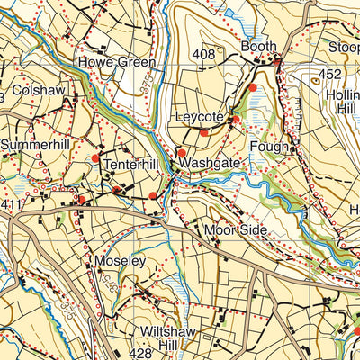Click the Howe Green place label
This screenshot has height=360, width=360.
[x=116, y=63]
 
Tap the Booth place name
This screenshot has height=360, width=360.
[x=257, y=47]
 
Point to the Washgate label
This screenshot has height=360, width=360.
[x=210, y=165]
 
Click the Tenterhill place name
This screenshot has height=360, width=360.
[x=131, y=166]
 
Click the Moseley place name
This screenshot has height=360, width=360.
[x=120, y=260]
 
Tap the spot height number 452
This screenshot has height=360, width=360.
[x=329, y=75]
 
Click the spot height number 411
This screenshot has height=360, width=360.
[x=10, y=206]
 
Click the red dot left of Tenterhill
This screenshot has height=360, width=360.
[x=95, y=159]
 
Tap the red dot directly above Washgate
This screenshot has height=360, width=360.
[x=181, y=153]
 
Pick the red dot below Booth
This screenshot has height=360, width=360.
[x=254, y=87]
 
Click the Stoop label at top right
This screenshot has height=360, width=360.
[x=342, y=47]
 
